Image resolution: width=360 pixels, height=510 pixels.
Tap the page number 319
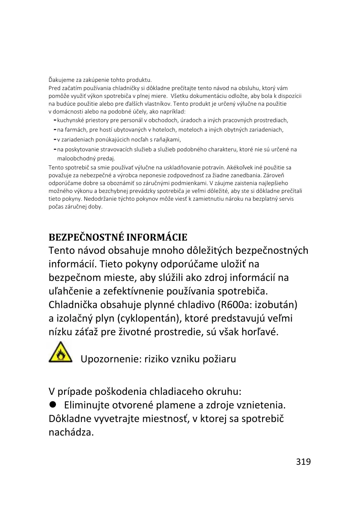pyautogui.click(x=303, y=461)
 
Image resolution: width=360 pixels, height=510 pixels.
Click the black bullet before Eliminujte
pyautogui.click(x=53, y=405)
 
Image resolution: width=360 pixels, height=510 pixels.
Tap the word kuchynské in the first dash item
pyautogui.click(x=69, y=121)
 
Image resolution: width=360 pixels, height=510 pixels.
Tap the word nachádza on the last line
pyautogui.click(x=71, y=433)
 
